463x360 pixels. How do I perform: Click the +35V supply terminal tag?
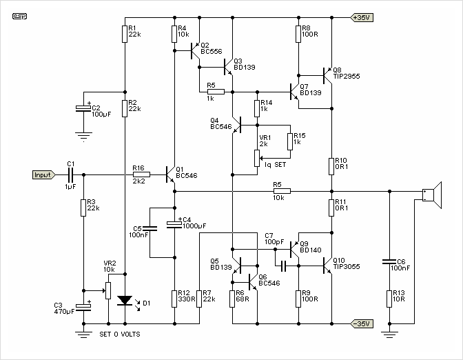coord(362,17)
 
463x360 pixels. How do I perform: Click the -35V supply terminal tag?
coord(362,323)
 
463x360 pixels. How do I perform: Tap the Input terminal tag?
coord(43,174)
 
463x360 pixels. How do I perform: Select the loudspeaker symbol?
coord(432,195)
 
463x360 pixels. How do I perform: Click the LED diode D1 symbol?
coord(125,301)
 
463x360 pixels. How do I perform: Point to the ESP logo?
coord(19,17)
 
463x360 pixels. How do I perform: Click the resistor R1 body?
coord(125,34)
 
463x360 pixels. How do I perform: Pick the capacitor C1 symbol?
coord(70,174)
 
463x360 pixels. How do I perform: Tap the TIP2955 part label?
coord(347,77)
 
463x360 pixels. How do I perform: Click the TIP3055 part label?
coord(347,267)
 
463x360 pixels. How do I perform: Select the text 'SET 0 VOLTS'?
coord(120,334)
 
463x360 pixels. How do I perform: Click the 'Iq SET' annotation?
coord(275,165)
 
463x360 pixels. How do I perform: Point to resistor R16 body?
coord(141,174)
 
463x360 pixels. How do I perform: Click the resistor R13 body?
coord(389,299)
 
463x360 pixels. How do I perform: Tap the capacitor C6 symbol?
coord(389,261)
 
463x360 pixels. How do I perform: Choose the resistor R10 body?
coord(331,166)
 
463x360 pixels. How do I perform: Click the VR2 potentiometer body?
coord(108,290)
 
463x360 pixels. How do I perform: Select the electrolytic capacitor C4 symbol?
coord(174,224)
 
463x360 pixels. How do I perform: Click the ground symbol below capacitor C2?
coord(83,137)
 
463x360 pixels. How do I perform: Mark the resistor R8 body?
coord(298,34)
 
